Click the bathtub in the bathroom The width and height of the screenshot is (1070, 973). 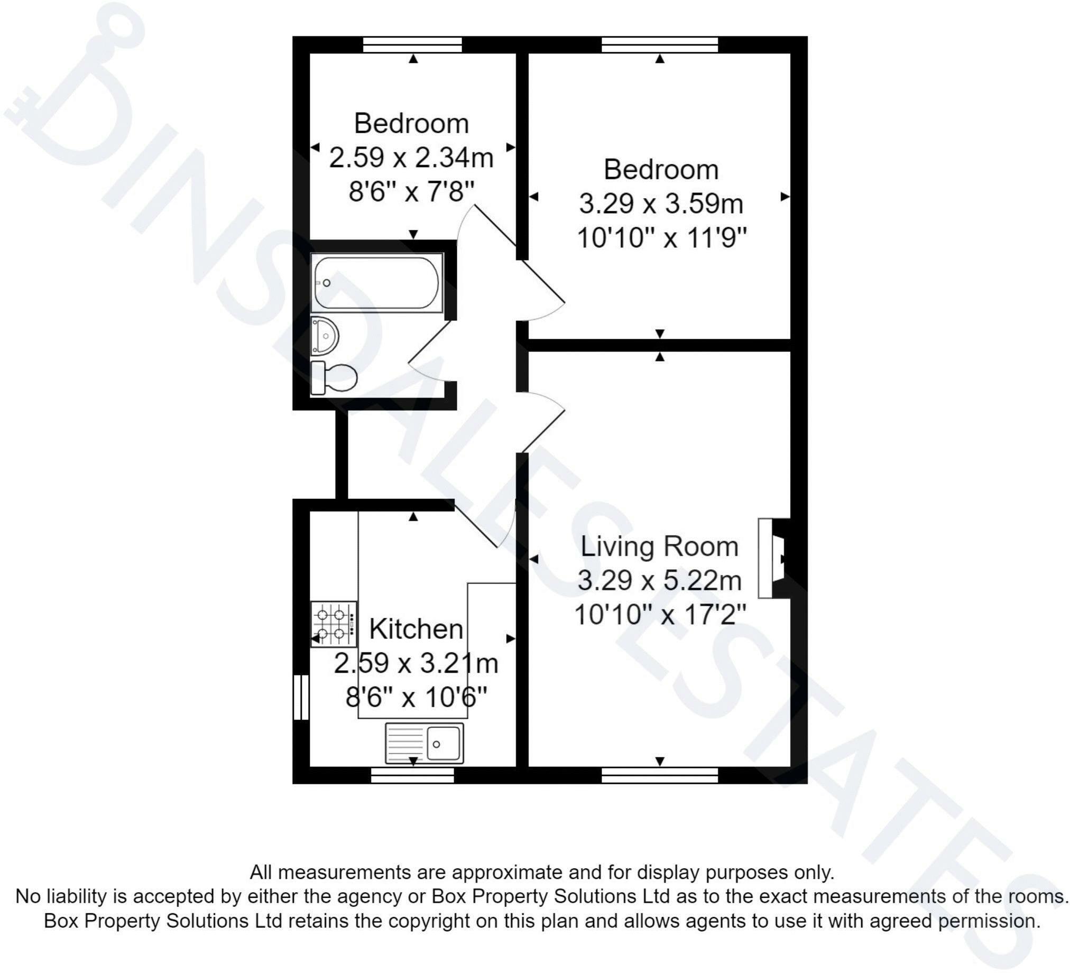(376, 282)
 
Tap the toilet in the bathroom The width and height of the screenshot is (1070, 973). (333, 378)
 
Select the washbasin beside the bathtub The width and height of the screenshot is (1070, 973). (324, 336)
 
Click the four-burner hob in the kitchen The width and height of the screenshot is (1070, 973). (334, 624)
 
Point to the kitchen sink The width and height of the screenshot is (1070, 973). (425, 743)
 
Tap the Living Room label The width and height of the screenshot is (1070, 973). (659, 546)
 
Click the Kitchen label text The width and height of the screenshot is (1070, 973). (416, 629)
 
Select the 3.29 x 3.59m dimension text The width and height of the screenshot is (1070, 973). (661, 203)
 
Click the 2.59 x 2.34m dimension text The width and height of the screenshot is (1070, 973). (411, 157)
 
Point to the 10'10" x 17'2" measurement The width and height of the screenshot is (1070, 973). (660, 615)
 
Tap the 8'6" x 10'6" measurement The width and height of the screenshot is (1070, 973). (417, 697)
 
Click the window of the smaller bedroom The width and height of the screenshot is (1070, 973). (412, 44)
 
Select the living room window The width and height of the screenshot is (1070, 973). (660, 776)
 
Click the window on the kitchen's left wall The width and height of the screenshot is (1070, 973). (301, 697)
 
